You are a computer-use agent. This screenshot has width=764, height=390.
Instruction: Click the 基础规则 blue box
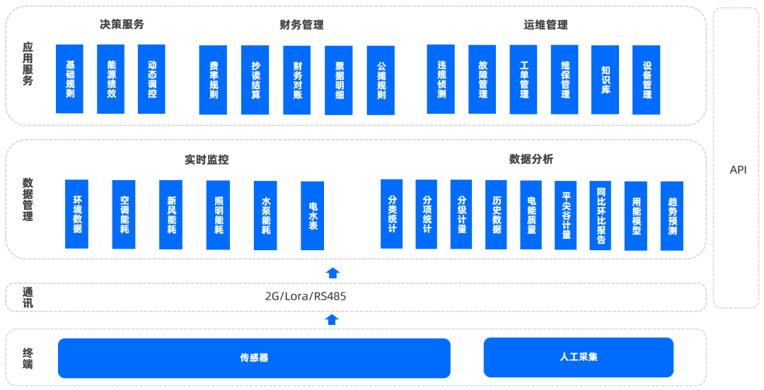tap(69, 78)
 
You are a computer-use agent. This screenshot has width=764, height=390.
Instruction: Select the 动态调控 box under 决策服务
tap(151, 78)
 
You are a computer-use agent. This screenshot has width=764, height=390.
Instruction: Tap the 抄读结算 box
tap(255, 80)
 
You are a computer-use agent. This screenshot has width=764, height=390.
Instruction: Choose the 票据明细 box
tap(338, 80)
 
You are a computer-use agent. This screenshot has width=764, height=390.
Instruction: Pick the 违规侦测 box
tap(441, 79)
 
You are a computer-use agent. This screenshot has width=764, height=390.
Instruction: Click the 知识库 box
tap(605, 79)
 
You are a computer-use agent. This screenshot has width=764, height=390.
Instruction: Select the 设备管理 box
tap(646, 79)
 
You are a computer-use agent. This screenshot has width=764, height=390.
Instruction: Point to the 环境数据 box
tap(76, 214)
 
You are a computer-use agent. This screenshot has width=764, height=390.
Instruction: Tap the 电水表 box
tap(312, 215)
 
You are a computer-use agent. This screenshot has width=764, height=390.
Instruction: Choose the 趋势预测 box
tap(671, 215)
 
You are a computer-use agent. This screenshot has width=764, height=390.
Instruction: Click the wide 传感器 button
tap(254, 357)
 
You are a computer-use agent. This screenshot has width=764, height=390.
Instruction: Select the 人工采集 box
tap(578, 357)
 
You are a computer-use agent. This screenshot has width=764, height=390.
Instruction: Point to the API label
tap(738, 170)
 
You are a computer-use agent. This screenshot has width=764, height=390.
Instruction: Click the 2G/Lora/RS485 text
tap(306, 296)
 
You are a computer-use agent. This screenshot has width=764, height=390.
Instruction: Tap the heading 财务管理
tap(301, 25)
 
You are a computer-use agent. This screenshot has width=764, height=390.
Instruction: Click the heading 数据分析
tap(531, 159)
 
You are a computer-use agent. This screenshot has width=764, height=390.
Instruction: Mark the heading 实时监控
tap(207, 159)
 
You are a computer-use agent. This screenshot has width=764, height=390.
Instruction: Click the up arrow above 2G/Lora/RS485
tap(332, 272)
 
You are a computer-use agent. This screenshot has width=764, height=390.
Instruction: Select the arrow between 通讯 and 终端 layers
tap(332, 319)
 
